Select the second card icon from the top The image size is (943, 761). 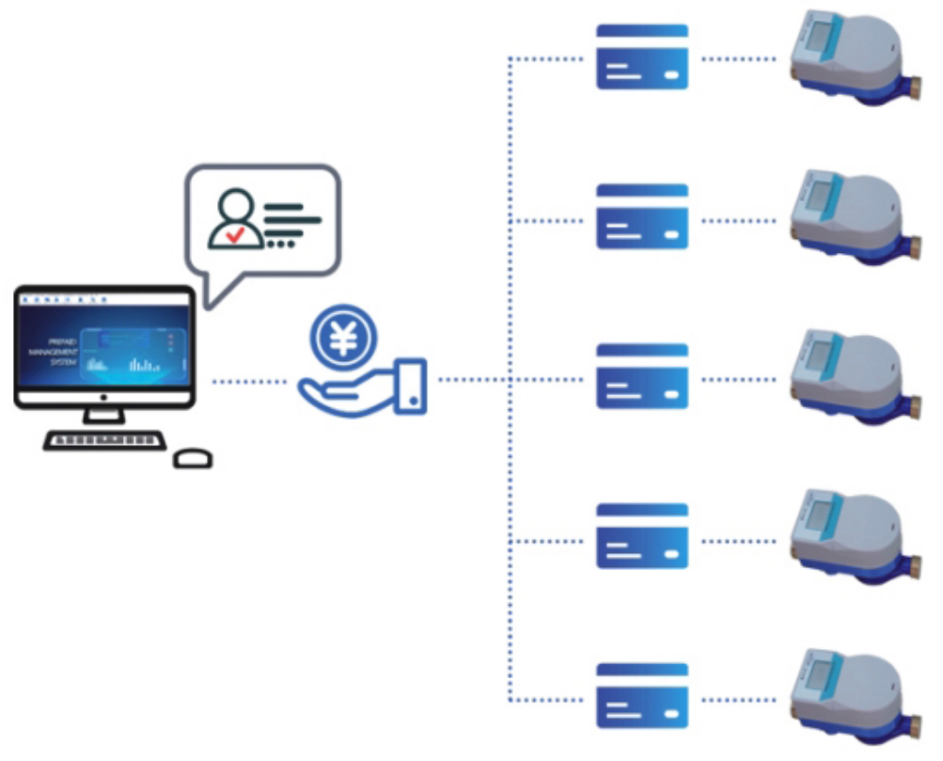pos(642,216)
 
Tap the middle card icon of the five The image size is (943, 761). pos(642,376)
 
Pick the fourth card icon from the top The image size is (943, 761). pos(642,536)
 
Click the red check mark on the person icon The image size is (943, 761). pos(235,234)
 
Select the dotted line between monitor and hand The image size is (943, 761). pos(249,382)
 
